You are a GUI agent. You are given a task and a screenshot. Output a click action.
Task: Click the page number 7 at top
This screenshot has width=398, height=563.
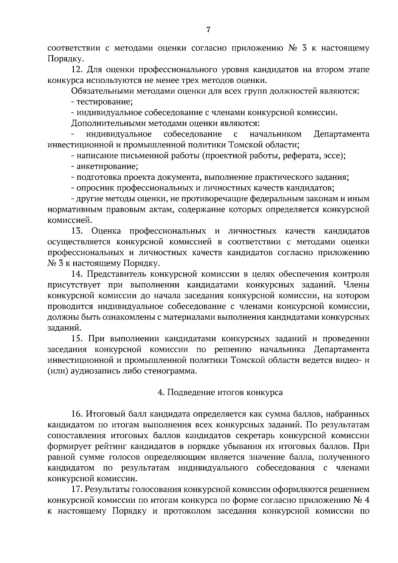pyautogui.click(x=208, y=30)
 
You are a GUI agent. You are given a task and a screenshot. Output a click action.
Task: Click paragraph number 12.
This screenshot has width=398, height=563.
pyautogui.click(x=77, y=70)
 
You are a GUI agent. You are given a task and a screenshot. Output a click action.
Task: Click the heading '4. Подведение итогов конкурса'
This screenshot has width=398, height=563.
pyautogui.click(x=220, y=393)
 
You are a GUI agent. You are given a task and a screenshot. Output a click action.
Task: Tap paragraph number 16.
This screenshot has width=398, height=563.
pyautogui.click(x=77, y=414)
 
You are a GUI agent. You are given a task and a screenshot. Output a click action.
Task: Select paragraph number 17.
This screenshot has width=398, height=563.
pyautogui.click(x=77, y=489)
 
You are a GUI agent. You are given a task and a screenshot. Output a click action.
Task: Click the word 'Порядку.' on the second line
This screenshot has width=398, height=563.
pyautogui.click(x=61, y=59)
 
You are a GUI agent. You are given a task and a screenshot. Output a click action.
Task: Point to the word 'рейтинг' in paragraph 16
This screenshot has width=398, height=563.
pyautogui.click(x=107, y=447)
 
